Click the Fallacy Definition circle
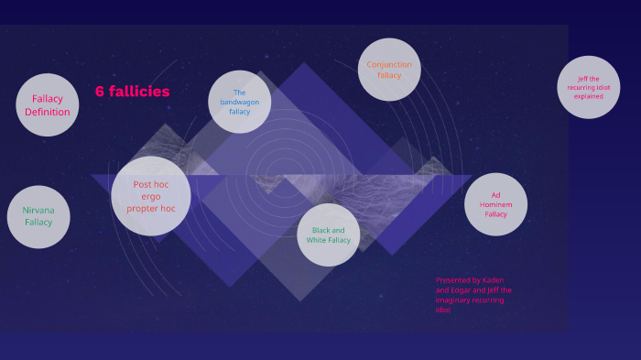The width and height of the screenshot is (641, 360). tap(48, 104)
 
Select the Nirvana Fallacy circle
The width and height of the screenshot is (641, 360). tap(38, 217)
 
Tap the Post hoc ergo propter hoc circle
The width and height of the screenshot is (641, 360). tap(151, 196)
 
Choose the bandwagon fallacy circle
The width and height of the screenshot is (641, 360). tap(239, 102)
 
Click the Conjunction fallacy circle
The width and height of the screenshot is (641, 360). tap(389, 70)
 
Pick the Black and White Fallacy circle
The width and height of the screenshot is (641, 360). tap(329, 235)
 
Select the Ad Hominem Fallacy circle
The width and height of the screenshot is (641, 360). tap(495, 204)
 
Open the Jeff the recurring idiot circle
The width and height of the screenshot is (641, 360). tap(589, 87)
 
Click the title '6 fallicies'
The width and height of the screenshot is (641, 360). tap(132, 92)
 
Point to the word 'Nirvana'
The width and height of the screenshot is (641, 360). tap(38, 211)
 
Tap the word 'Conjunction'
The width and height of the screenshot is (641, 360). tap(389, 64)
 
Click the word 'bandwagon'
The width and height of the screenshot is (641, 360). tap(239, 102)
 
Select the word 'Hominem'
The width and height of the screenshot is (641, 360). tap(495, 204)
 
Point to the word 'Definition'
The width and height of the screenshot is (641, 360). tap(48, 112)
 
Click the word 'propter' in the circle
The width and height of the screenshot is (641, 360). tap(141, 209)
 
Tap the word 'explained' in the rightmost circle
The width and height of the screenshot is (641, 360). tap(589, 96)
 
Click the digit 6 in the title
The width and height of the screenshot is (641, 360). tap(100, 92)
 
